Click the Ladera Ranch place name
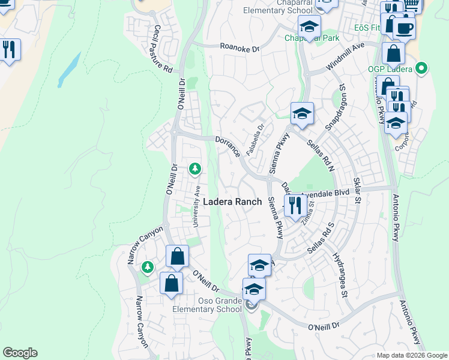(232, 202)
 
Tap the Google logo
(20, 353)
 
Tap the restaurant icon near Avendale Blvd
(294, 206)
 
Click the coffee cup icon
(404, 27)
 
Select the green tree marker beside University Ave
(194, 170)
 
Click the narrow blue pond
(70, 70)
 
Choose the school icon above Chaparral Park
(309, 26)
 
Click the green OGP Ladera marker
(422, 69)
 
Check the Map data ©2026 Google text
(411, 355)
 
